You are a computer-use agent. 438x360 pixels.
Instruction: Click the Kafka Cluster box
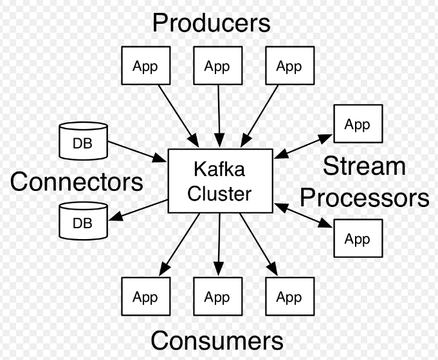click(x=219, y=181)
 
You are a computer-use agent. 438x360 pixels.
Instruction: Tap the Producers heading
click(x=211, y=23)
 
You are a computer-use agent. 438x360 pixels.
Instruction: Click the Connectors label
click(x=77, y=182)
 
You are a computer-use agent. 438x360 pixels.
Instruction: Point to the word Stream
click(x=364, y=166)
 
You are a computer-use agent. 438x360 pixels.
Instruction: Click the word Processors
click(x=376, y=197)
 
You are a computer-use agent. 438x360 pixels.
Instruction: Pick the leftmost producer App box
click(x=145, y=66)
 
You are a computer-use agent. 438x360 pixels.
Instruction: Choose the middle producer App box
click(x=217, y=66)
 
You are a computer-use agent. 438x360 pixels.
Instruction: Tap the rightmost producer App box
click(x=289, y=66)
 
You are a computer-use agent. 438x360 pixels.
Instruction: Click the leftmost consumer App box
click(x=145, y=297)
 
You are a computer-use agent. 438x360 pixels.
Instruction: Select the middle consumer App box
click(x=217, y=297)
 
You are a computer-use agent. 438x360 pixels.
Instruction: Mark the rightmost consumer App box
click(x=289, y=297)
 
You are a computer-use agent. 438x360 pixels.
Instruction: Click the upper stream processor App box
click(x=357, y=123)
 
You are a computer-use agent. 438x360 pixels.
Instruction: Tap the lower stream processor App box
click(x=357, y=239)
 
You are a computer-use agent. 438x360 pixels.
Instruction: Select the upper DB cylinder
click(x=82, y=141)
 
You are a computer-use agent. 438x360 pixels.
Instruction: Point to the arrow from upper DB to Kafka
click(x=137, y=151)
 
